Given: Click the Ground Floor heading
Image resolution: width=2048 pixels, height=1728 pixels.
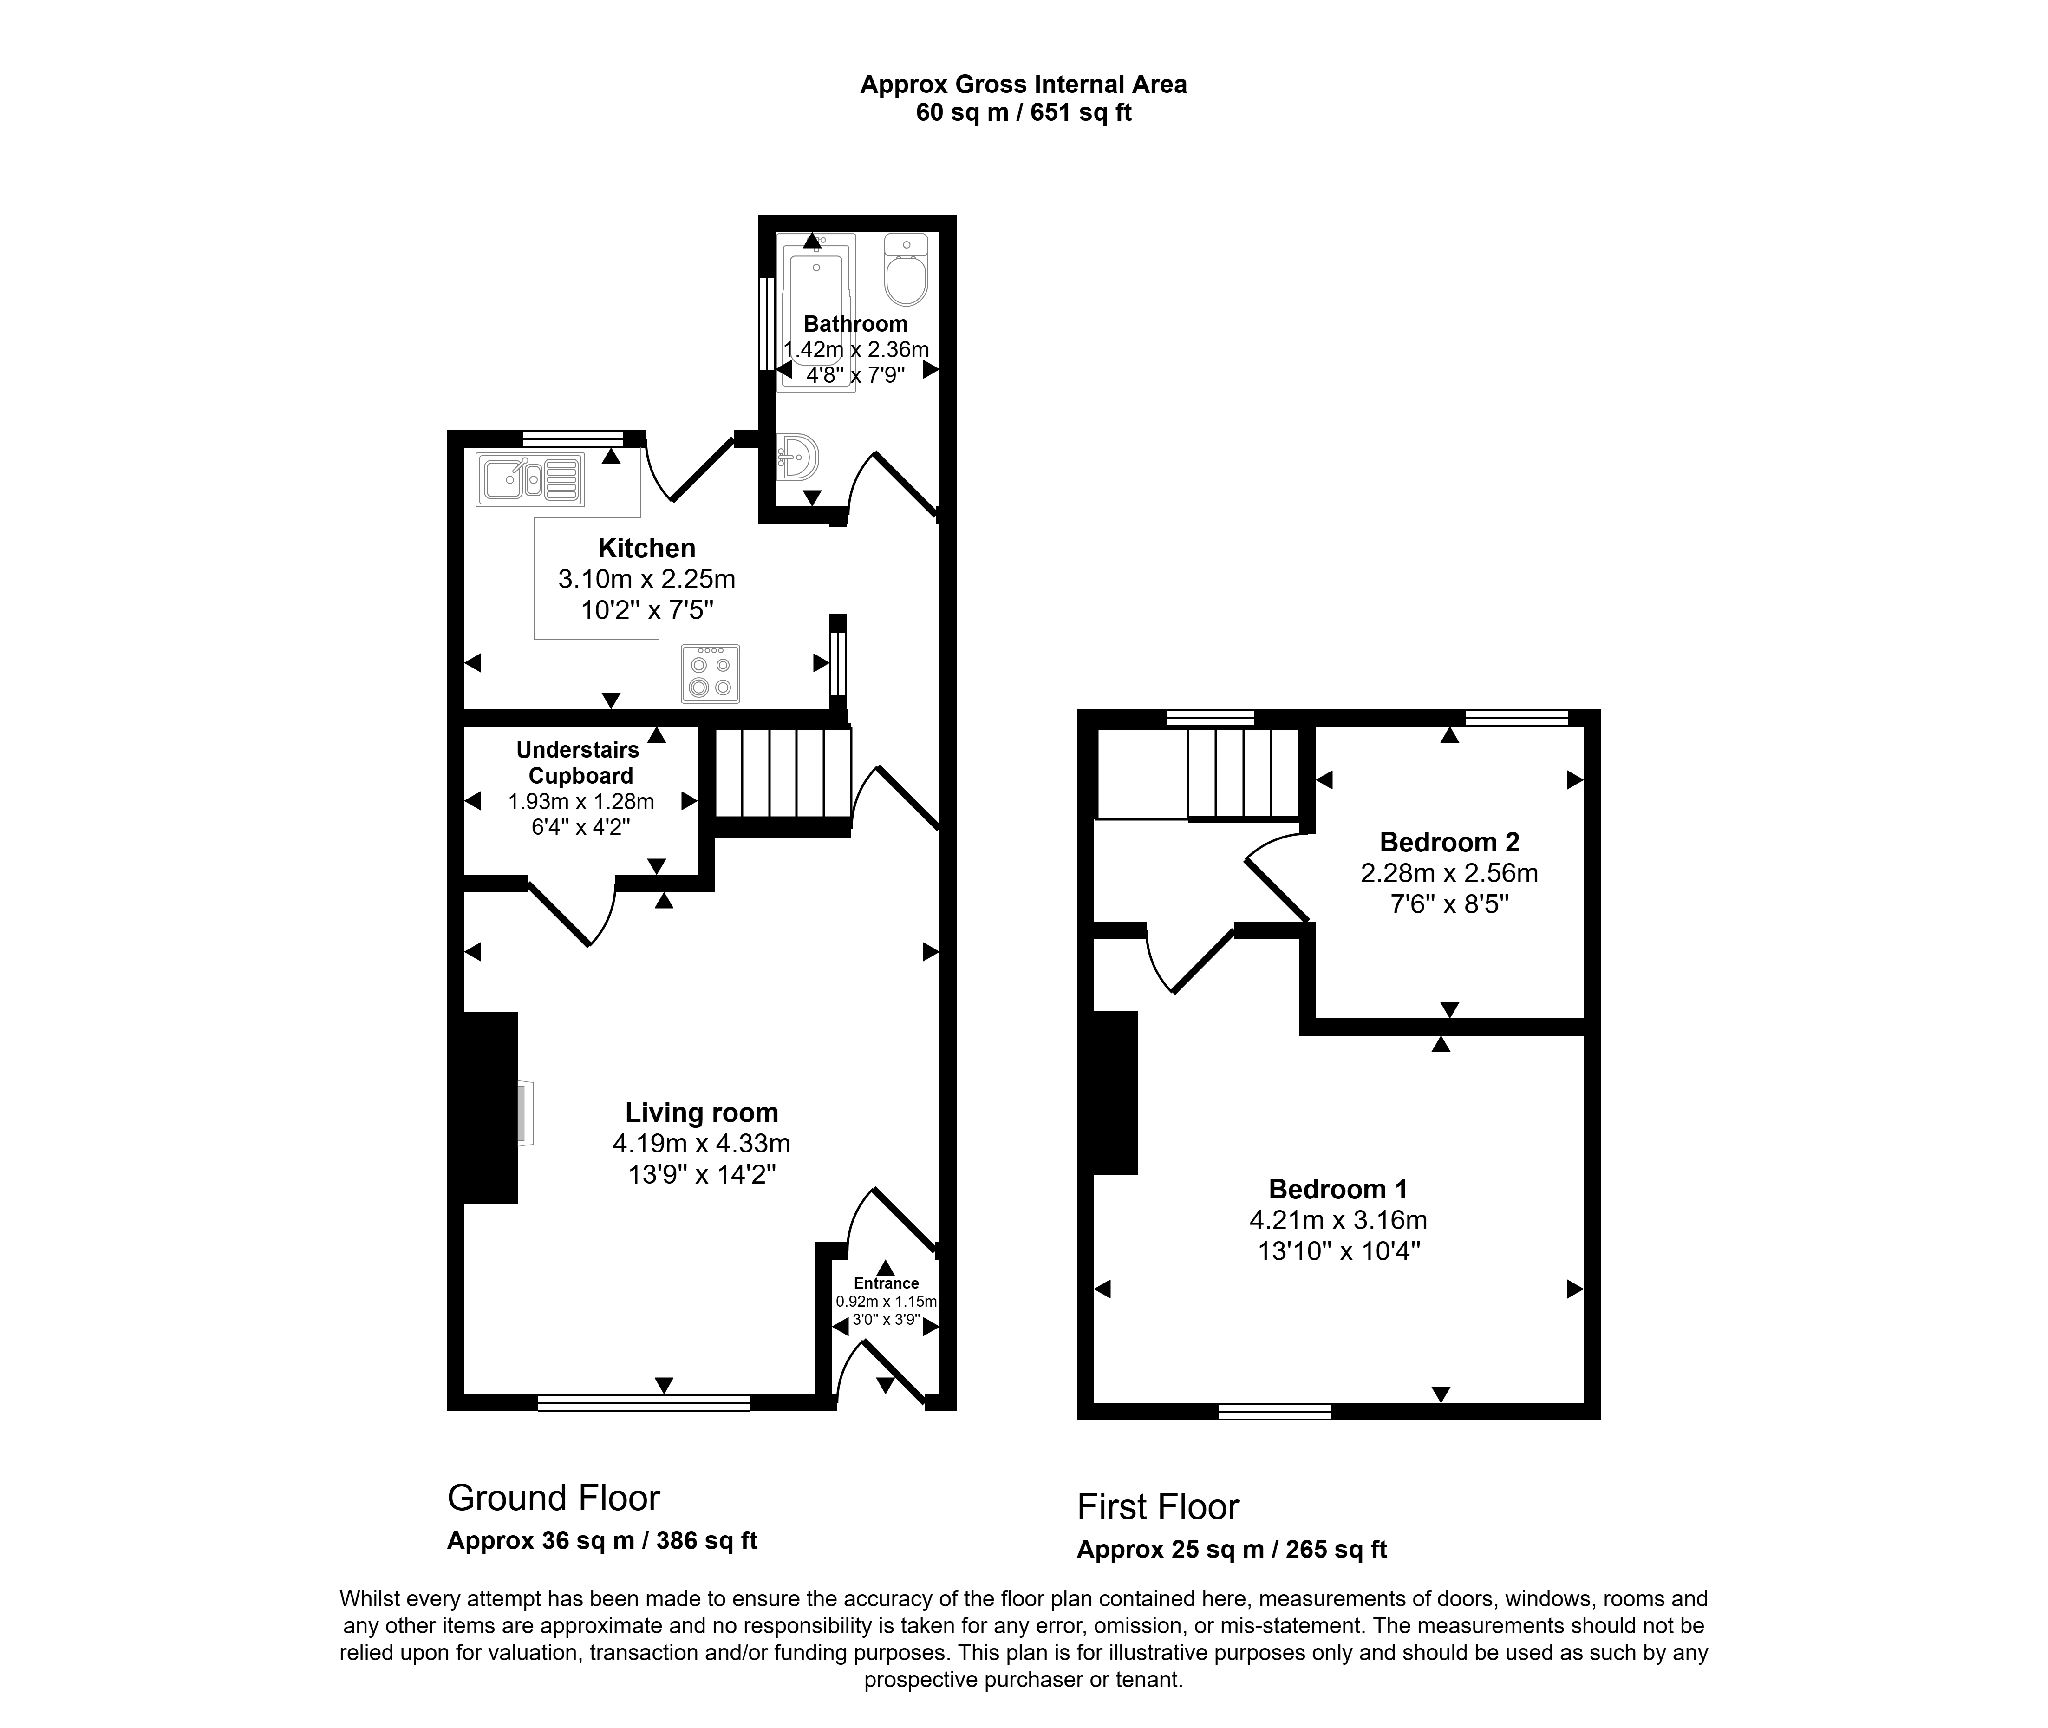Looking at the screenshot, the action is pyautogui.click(x=554, y=1498).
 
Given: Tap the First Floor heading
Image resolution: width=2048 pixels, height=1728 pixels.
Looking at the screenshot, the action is pyautogui.click(x=1158, y=1506).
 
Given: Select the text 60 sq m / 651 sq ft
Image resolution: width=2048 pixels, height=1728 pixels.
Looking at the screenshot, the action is pyautogui.click(x=1024, y=113).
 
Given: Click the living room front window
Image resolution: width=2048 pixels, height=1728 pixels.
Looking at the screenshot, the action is pyautogui.click(x=644, y=1403).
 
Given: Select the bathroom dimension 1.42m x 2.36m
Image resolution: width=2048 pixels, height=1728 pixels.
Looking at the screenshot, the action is pyautogui.click(x=856, y=349).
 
